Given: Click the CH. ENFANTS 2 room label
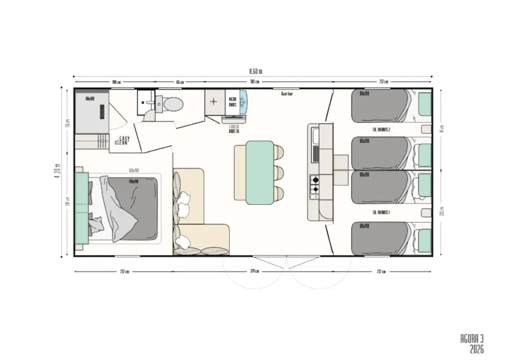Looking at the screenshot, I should pyautogui.click(x=381, y=130).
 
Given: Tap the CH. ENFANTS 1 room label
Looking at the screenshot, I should pyautogui.click(x=381, y=212).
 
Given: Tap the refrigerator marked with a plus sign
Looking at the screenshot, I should pyautogui.click(x=213, y=102).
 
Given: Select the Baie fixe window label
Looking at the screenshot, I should pyautogui.click(x=286, y=93).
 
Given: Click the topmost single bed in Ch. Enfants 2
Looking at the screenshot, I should pyautogui.click(x=382, y=105).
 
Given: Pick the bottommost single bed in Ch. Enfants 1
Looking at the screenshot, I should pyautogui.click(x=382, y=237).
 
